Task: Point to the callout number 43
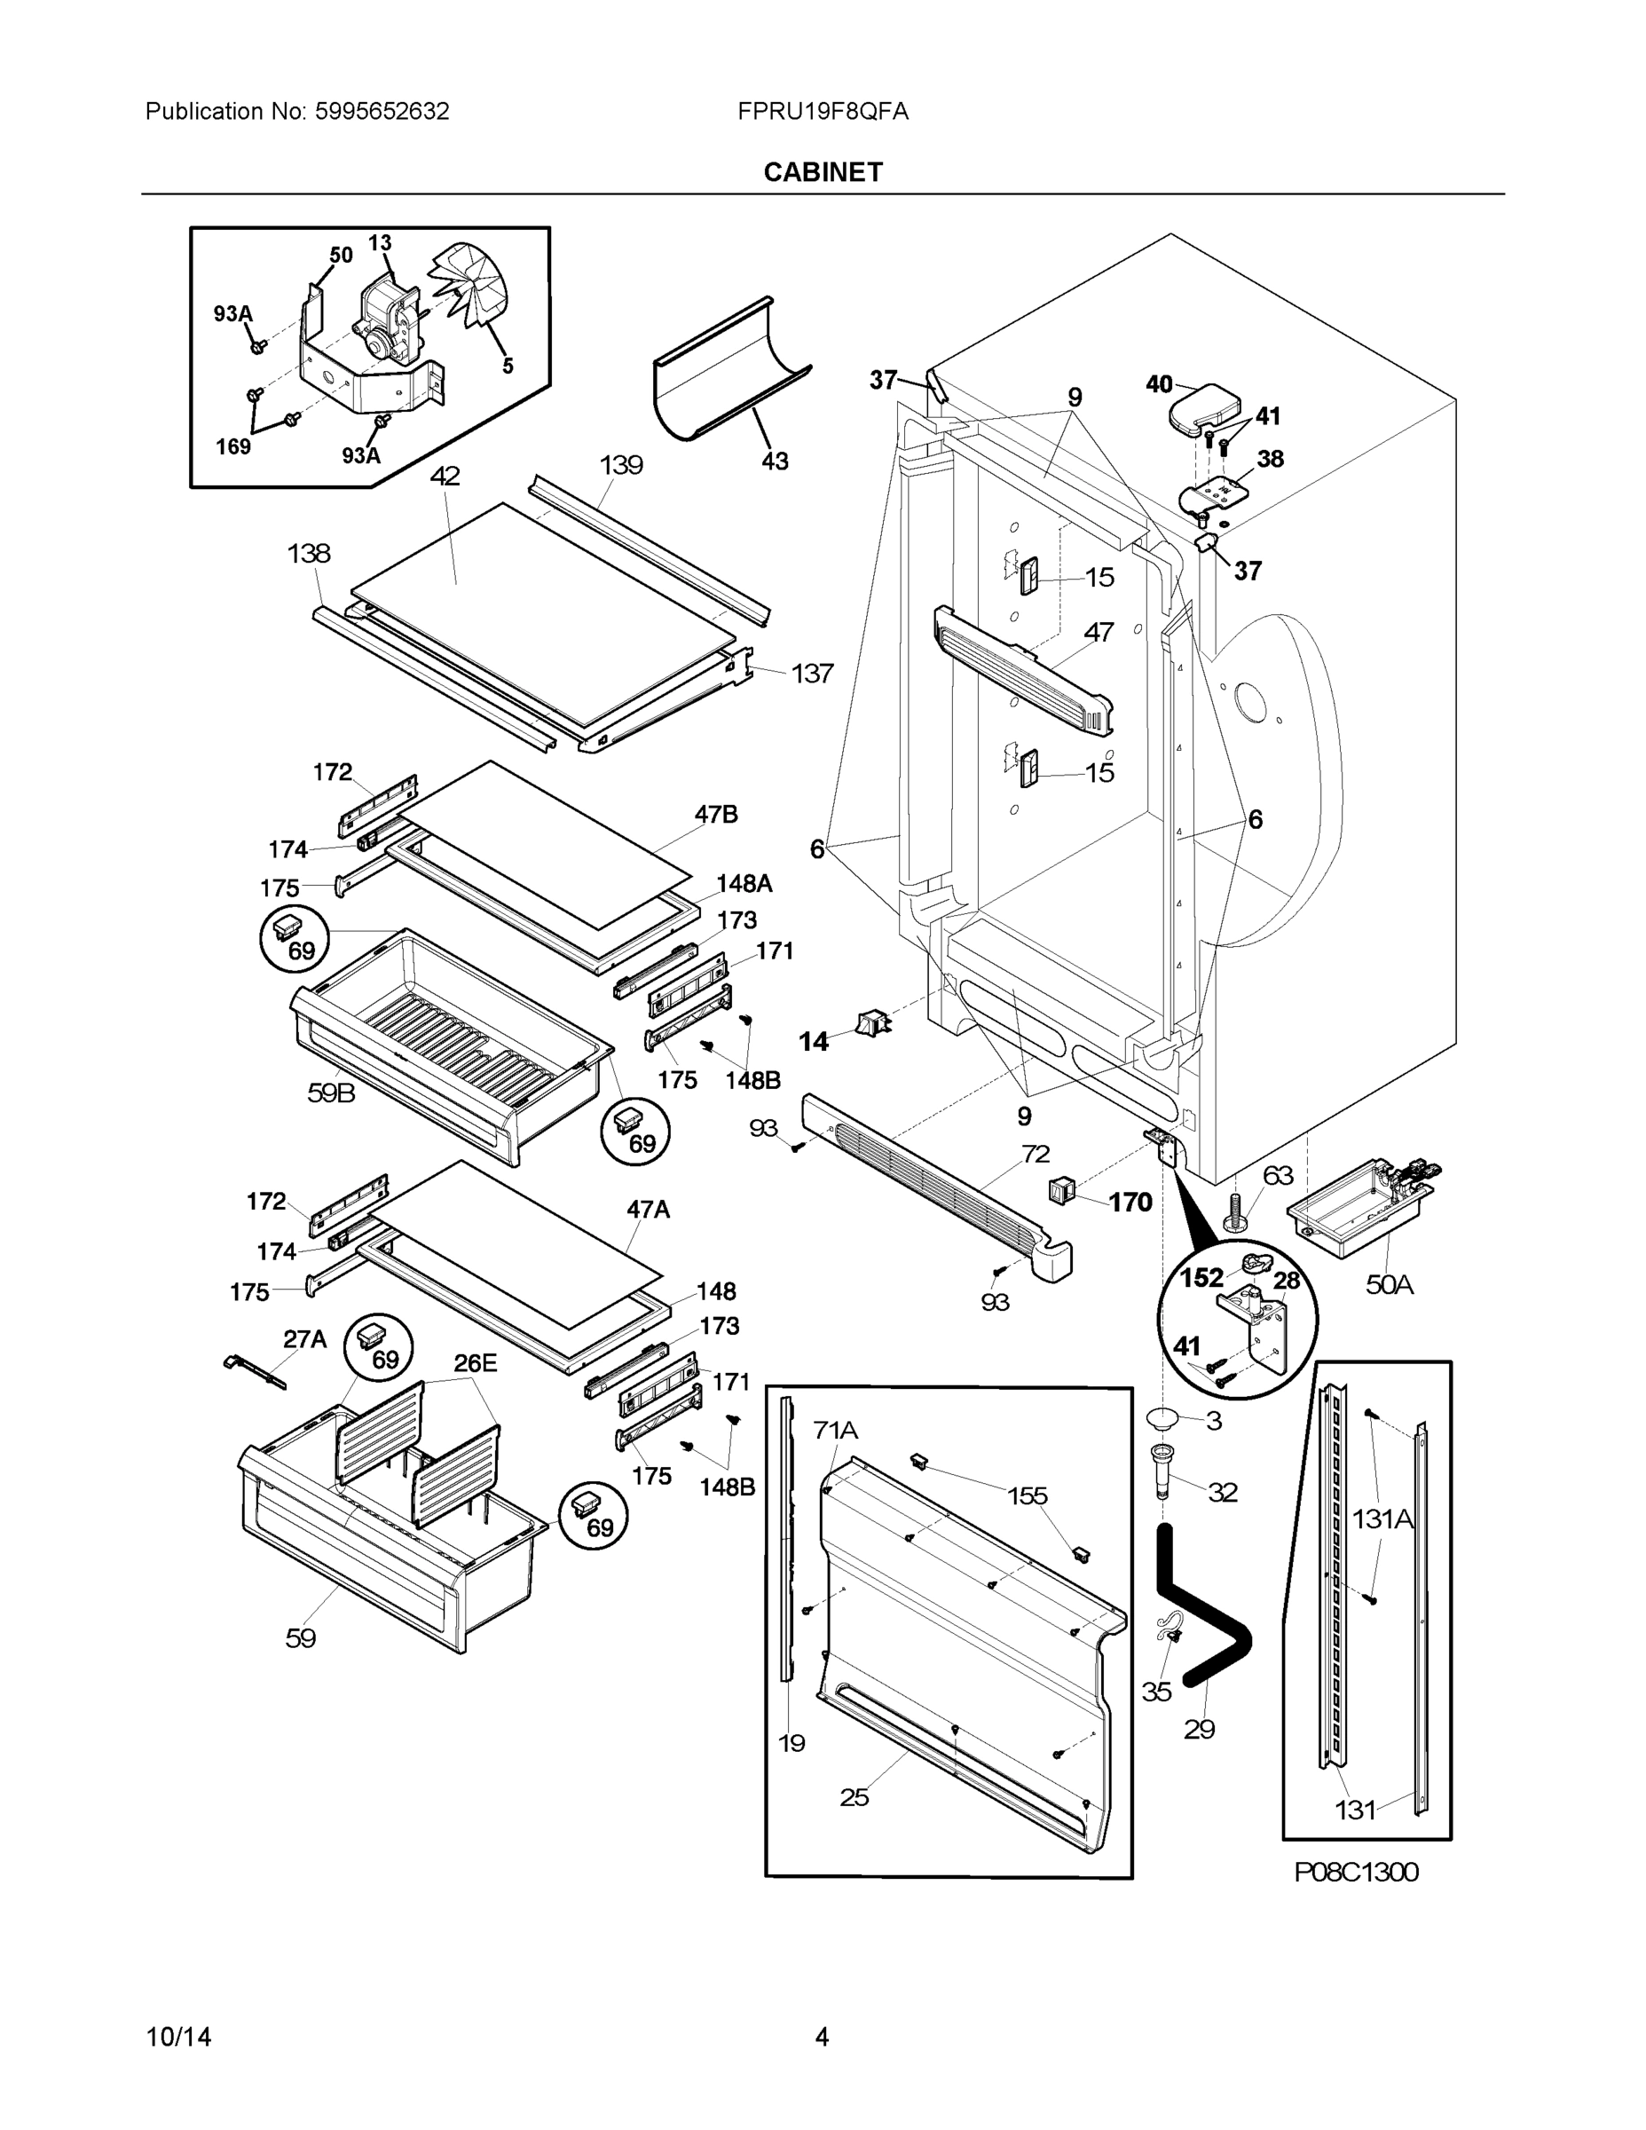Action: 775,461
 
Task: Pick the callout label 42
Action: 445,476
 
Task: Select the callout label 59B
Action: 332,1093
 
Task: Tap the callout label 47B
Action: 716,815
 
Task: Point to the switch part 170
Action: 1060,1190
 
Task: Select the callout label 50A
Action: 1389,1284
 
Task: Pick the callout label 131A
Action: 1382,1519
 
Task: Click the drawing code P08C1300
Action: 1356,1872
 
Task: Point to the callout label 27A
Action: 304,1339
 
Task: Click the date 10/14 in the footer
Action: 178,2037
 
